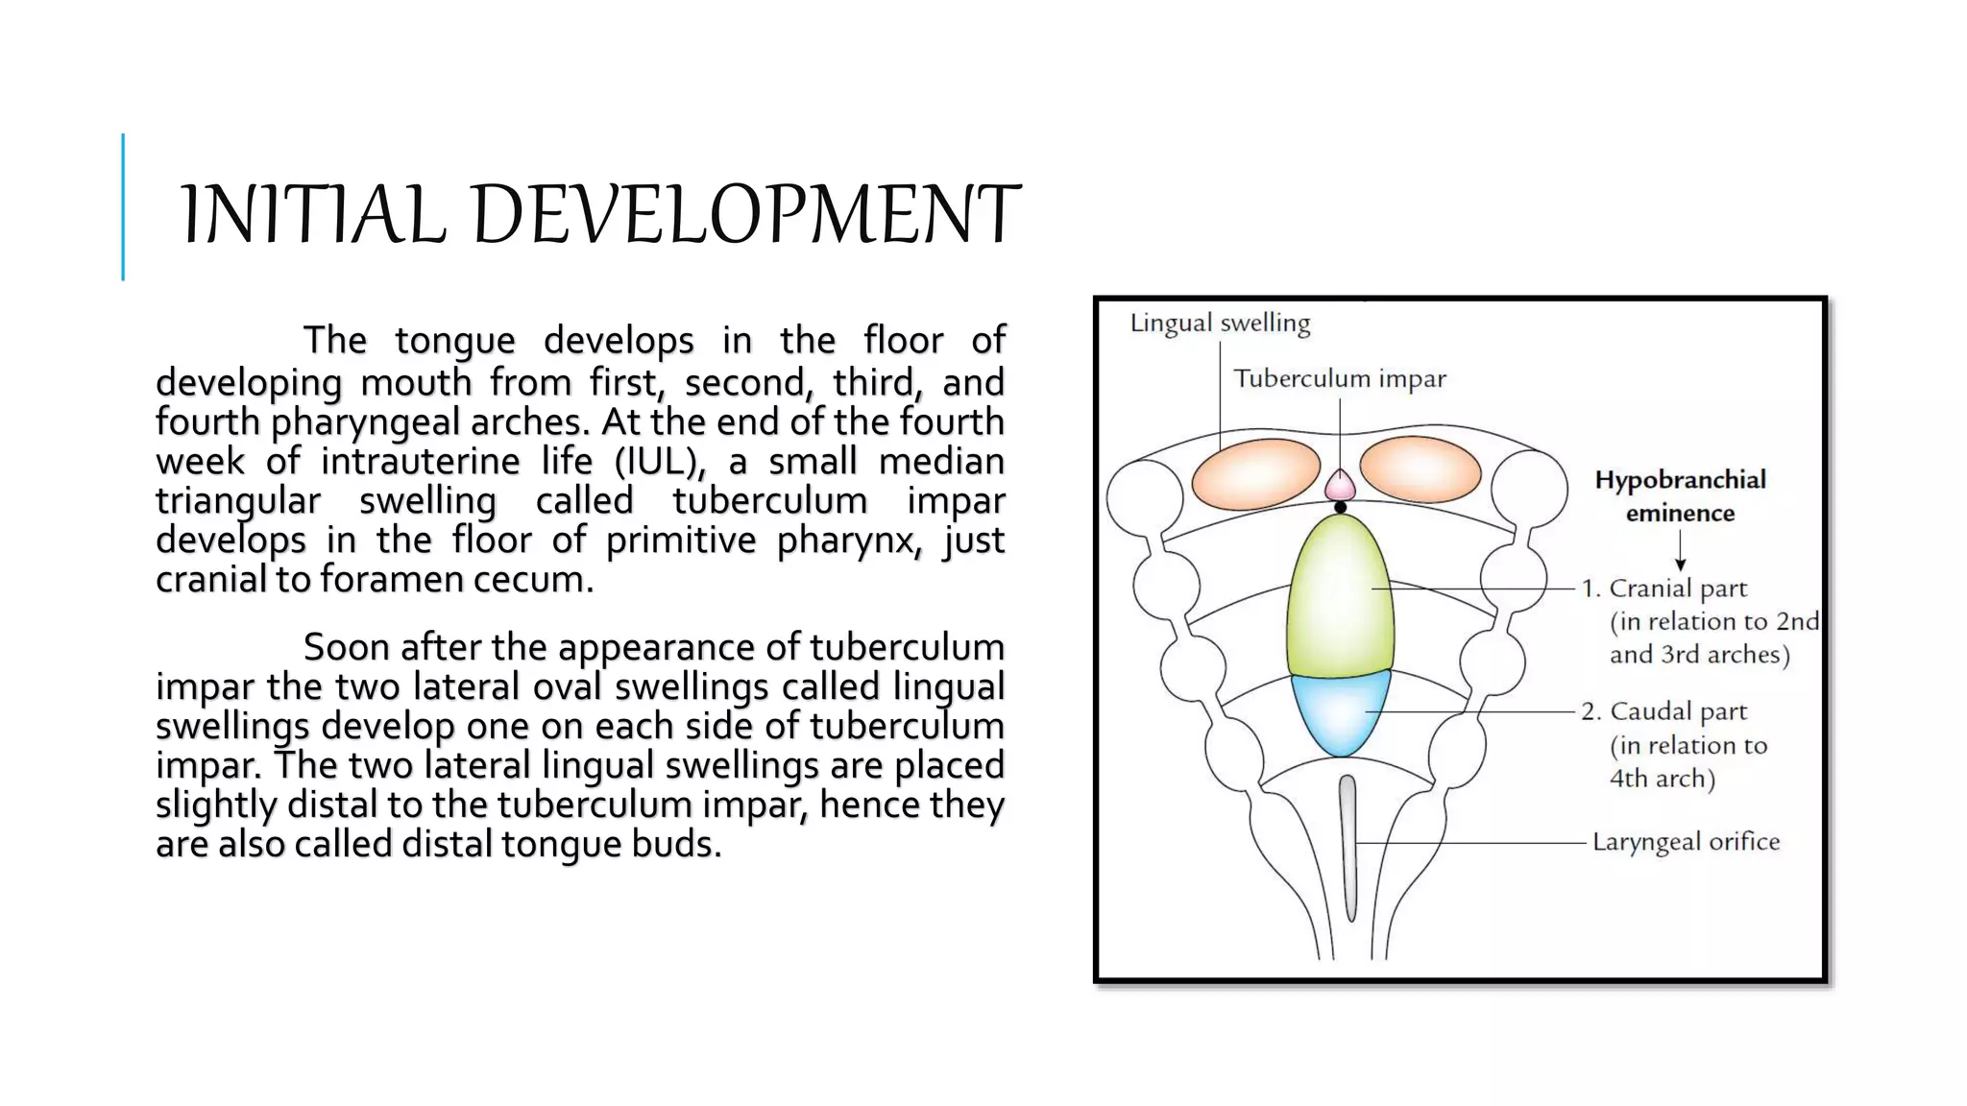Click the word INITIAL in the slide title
[x=314, y=214]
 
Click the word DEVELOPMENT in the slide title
[x=745, y=214]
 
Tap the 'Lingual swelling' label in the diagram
[x=1220, y=324]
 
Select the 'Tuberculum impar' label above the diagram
[x=1339, y=378]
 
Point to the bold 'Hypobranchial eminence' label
[x=1680, y=496]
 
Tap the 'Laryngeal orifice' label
[x=1686, y=842]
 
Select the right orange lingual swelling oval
[x=1420, y=470]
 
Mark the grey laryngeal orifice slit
[x=1348, y=845]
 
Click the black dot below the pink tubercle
[x=1340, y=507]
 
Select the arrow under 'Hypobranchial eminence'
[x=1680, y=552]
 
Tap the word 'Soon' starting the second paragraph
[x=342, y=648]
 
